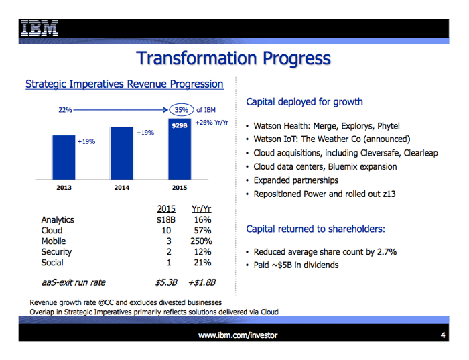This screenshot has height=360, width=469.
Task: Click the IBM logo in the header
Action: click(40, 28)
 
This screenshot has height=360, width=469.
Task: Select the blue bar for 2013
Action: click(64, 158)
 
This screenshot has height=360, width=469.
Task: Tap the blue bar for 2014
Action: click(122, 154)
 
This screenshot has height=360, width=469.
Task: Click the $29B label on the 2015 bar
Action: click(180, 125)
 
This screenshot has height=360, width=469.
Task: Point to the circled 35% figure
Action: click(182, 110)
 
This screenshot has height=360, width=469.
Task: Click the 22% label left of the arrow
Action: click(65, 110)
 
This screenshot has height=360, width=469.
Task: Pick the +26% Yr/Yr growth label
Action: click(212, 123)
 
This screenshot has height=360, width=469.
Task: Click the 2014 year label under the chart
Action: click(122, 188)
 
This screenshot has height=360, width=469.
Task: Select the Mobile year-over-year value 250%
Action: click(201, 241)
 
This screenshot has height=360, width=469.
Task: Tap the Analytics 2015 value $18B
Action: click(166, 220)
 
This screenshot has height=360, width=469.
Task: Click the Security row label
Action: click(56, 252)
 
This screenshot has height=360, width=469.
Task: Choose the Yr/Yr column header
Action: click(201, 209)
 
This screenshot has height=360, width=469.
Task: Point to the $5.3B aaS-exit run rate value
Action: click(166, 282)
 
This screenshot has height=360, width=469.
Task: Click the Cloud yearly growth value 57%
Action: click(202, 231)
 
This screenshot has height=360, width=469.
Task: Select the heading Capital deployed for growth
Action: click(304, 102)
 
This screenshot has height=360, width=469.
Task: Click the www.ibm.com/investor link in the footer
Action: click(238, 335)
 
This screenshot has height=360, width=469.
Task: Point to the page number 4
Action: click(443, 335)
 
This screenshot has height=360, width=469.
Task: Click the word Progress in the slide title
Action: click(297, 58)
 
